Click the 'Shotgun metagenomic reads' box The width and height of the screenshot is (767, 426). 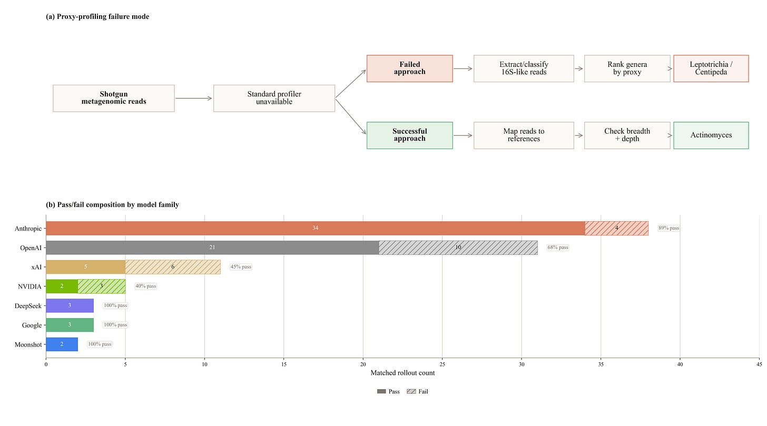pos(114,98)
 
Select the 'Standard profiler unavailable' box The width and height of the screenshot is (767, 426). pos(274,98)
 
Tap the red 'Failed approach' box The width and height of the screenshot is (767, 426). pos(409,68)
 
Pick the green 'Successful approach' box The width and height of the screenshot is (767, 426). pos(409,135)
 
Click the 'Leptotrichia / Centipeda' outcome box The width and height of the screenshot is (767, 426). pos(711,68)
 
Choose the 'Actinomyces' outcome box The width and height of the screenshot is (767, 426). pos(711,135)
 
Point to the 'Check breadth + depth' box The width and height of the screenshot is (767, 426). pos(627,135)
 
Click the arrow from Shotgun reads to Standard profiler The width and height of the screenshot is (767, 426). pos(194,98)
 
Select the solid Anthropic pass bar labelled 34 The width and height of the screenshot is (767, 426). pos(316,228)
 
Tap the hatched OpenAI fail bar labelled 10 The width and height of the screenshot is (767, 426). pos(458,247)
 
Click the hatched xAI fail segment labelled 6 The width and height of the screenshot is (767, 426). pos(173,267)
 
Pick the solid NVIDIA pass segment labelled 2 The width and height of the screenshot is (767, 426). pos(62,286)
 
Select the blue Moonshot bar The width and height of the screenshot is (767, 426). pos(62,344)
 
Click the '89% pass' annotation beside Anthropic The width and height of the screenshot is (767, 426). pos(668,228)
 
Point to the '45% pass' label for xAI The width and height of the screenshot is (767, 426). pos(241,267)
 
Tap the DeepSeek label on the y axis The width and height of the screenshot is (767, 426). pos(28,306)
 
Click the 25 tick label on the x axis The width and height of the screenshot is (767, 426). pos(442,364)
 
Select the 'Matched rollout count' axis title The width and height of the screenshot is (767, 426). pos(402,373)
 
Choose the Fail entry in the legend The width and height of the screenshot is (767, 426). pos(417,391)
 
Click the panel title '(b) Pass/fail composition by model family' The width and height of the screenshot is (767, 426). pos(112,205)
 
